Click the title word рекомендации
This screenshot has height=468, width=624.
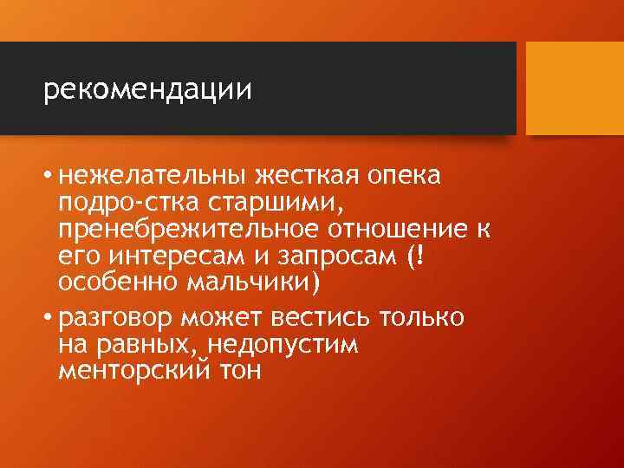pos(147,89)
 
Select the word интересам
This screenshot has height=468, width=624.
pos(159,257)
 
